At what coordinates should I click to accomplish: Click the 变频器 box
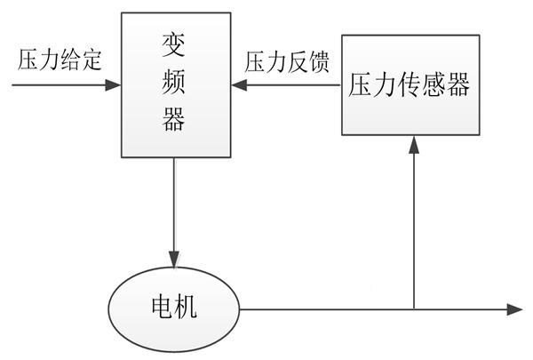click(x=174, y=84)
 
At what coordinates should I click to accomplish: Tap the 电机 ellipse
click(x=174, y=308)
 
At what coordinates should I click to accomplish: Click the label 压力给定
click(x=60, y=60)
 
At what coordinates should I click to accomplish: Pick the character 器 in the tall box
click(x=174, y=120)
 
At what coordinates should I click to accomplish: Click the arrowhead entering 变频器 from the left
click(x=114, y=86)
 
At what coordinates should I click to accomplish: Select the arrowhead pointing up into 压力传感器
click(x=413, y=143)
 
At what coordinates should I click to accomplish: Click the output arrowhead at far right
click(x=514, y=309)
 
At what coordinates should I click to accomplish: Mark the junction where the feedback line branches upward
click(x=413, y=309)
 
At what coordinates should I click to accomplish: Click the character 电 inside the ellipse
click(x=159, y=308)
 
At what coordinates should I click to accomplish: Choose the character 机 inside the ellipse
click(x=189, y=308)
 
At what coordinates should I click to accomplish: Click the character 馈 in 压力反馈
click(x=318, y=60)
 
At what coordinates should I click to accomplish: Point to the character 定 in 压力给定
click(x=92, y=60)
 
